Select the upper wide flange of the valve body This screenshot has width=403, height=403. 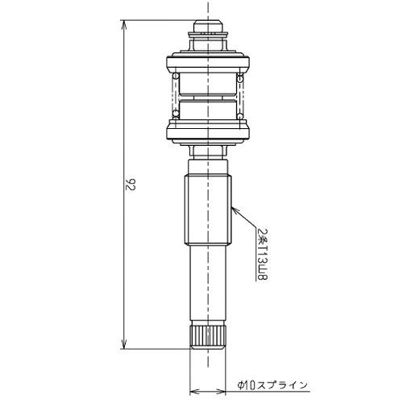point(208,61)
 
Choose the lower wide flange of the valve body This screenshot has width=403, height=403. point(208,127)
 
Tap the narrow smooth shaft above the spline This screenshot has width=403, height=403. point(208,286)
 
